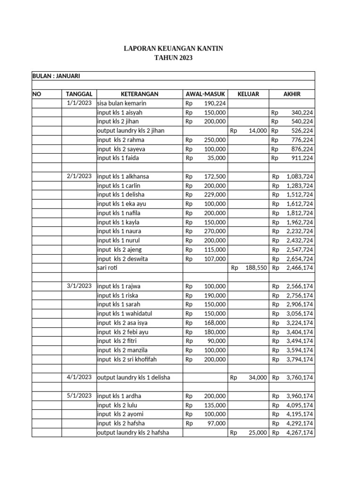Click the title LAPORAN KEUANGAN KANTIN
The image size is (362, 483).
click(173, 49)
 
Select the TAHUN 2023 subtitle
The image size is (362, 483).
click(173, 58)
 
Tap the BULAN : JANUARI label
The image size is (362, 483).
click(53, 76)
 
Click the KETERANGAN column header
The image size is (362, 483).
click(139, 94)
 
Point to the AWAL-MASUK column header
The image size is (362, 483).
click(206, 94)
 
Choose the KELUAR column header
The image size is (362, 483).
click(248, 94)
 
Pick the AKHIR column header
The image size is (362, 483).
click(291, 94)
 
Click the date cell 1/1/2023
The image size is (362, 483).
click(79, 103)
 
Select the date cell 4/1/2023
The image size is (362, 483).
click(79, 377)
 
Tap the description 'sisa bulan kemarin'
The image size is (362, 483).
click(122, 103)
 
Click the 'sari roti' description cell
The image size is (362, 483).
click(107, 268)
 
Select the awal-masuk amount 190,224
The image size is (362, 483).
click(214, 103)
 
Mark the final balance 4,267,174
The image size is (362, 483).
click(299, 433)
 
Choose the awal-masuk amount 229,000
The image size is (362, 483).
click(214, 195)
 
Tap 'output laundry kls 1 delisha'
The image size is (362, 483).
click(133, 377)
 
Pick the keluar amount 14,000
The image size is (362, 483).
click(257, 131)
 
